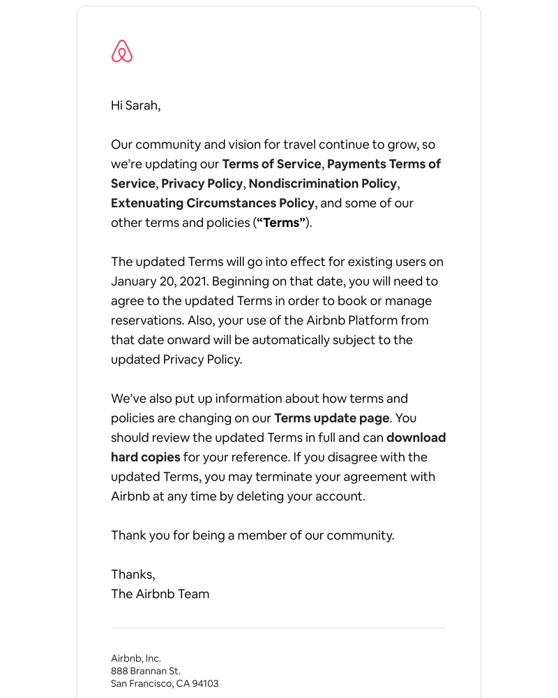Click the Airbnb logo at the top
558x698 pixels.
click(x=122, y=51)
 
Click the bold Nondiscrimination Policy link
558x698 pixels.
click(x=323, y=184)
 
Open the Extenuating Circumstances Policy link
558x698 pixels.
click(x=213, y=203)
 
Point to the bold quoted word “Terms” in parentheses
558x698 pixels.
click(x=281, y=223)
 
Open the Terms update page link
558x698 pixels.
click(x=332, y=418)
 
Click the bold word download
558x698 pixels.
click(x=416, y=438)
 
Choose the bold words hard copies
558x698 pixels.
click(x=145, y=457)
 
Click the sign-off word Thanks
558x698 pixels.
click(x=133, y=574)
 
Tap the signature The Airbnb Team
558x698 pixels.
click(x=160, y=594)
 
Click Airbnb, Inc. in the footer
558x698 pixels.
click(x=136, y=658)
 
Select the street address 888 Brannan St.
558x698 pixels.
click(x=146, y=671)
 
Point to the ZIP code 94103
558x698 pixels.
click(x=205, y=683)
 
